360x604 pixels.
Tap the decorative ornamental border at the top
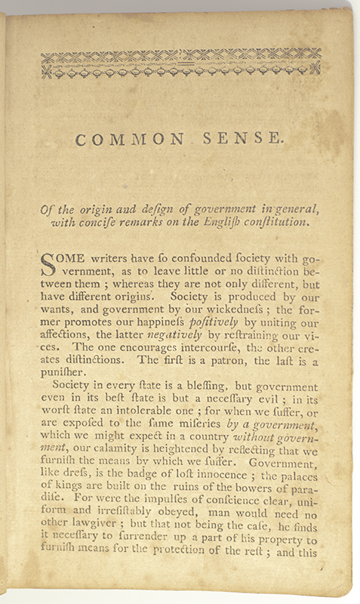[x=181, y=63]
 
